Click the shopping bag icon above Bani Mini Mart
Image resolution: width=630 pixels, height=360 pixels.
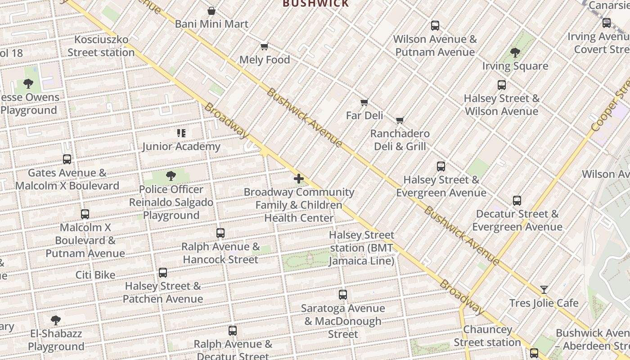click(211, 11)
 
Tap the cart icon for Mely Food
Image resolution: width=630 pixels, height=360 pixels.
click(265, 47)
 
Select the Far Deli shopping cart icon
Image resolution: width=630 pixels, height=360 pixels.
click(364, 103)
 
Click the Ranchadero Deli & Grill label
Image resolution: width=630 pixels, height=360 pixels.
click(400, 140)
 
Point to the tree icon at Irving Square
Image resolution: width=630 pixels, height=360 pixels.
click(515, 53)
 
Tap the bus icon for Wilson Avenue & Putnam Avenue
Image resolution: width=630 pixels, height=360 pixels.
click(435, 26)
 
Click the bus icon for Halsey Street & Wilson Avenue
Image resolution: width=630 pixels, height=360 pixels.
click(501, 85)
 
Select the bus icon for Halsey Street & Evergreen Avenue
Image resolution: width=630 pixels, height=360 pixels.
click(441, 166)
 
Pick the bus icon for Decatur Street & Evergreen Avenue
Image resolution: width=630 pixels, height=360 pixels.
click(517, 201)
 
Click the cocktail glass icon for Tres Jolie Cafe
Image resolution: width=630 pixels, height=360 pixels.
click(544, 290)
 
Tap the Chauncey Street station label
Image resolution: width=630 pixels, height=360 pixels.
click(487, 336)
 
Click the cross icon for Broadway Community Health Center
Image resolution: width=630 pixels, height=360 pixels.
click(299, 179)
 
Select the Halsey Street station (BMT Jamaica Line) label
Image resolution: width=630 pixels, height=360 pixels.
click(362, 248)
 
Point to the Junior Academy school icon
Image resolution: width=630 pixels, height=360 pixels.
click(181, 133)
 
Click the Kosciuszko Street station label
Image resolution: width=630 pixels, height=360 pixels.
click(101, 46)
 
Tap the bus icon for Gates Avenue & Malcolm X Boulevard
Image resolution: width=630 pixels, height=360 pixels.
click(67, 159)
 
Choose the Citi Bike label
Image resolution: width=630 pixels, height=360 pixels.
click(95, 275)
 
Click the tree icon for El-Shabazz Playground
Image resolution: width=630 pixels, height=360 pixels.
click(56, 320)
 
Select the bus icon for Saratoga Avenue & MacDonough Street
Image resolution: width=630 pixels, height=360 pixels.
click(343, 295)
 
